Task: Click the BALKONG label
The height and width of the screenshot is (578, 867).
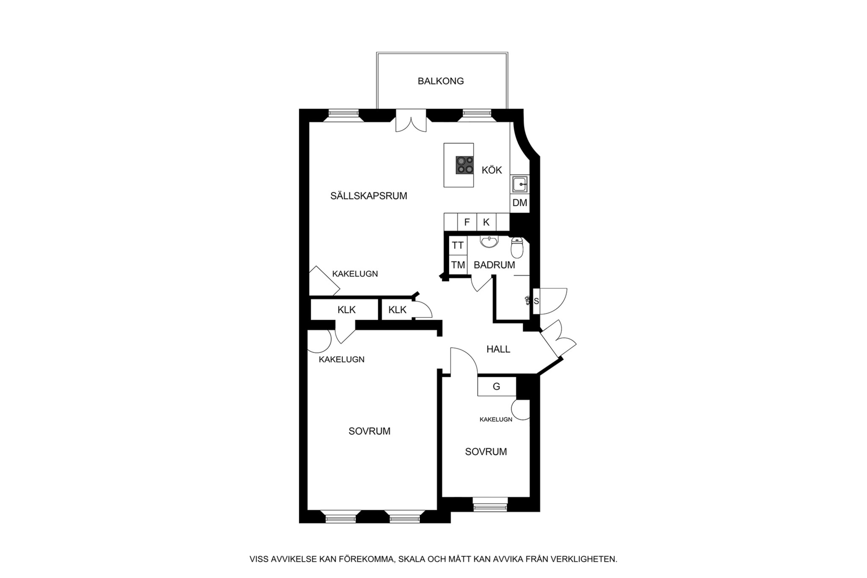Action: point(441,81)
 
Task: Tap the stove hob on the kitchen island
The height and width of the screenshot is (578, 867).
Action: point(464,165)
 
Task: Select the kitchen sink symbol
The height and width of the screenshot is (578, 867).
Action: point(519,185)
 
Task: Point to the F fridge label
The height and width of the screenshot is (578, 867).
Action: point(467,222)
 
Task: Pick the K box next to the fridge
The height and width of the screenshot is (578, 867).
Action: point(486,222)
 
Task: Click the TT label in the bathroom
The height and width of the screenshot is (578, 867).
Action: point(458,246)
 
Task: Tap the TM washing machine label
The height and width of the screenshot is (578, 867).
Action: point(458,265)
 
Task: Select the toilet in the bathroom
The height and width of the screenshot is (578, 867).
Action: point(517,248)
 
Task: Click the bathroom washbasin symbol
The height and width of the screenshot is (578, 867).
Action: point(490,242)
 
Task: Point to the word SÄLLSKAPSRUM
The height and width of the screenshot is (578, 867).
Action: point(369,196)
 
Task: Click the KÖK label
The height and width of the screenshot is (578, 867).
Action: point(492,170)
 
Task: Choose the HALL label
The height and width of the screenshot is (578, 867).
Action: point(498,349)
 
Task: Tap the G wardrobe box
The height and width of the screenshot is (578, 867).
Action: point(497,387)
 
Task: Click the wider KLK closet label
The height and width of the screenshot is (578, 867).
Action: point(347,310)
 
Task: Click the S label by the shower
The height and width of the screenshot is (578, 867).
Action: point(536,301)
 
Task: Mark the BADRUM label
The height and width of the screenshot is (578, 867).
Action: point(494,265)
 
